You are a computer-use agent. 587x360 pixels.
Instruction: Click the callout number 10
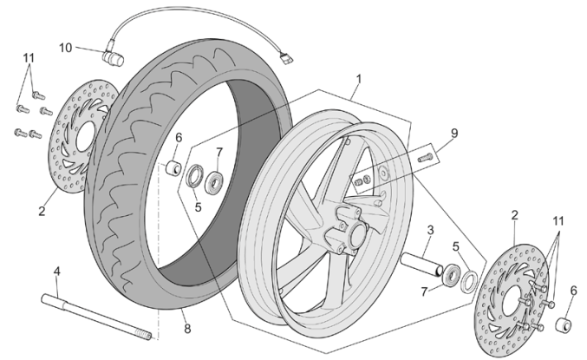pyautogui.click(x=66, y=47)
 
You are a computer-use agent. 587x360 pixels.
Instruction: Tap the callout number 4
pyautogui.click(x=56, y=272)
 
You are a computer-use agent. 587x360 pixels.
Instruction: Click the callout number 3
pyautogui.click(x=429, y=230)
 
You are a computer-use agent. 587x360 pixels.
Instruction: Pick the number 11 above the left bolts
pyautogui.click(x=29, y=59)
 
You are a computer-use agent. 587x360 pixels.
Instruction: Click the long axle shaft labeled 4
pyautogui.click(x=95, y=315)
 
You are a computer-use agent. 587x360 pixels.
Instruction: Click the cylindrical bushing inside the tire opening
pyautogui.click(x=173, y=167)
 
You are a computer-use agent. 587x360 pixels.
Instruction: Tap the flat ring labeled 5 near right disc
pyautogui.click(x=468, y=282)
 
